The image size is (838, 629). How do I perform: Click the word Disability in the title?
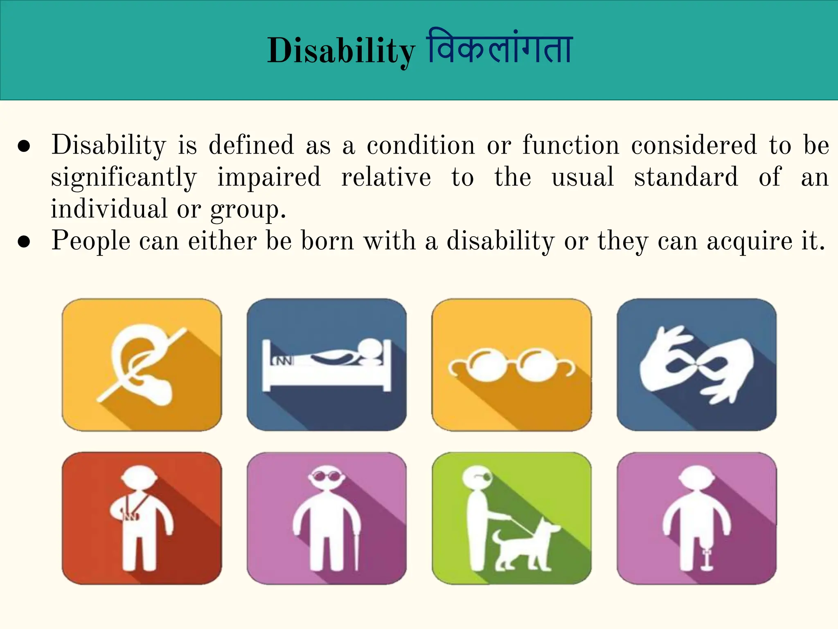(341, 51)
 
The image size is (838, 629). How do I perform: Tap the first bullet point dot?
(24, 146)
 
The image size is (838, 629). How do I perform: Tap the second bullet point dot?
(24, 242)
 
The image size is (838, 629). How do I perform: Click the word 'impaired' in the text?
(269, 177)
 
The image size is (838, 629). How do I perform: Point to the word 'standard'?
(686, 177)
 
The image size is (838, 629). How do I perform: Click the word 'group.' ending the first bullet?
(248, 210)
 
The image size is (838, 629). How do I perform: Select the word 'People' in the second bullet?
(90, 241)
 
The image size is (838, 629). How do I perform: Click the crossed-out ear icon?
(142, 364)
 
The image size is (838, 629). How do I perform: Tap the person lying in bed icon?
(327, 364)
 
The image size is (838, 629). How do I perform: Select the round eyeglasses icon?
(511, 364)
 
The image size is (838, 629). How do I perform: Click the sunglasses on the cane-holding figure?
(326, 476)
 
